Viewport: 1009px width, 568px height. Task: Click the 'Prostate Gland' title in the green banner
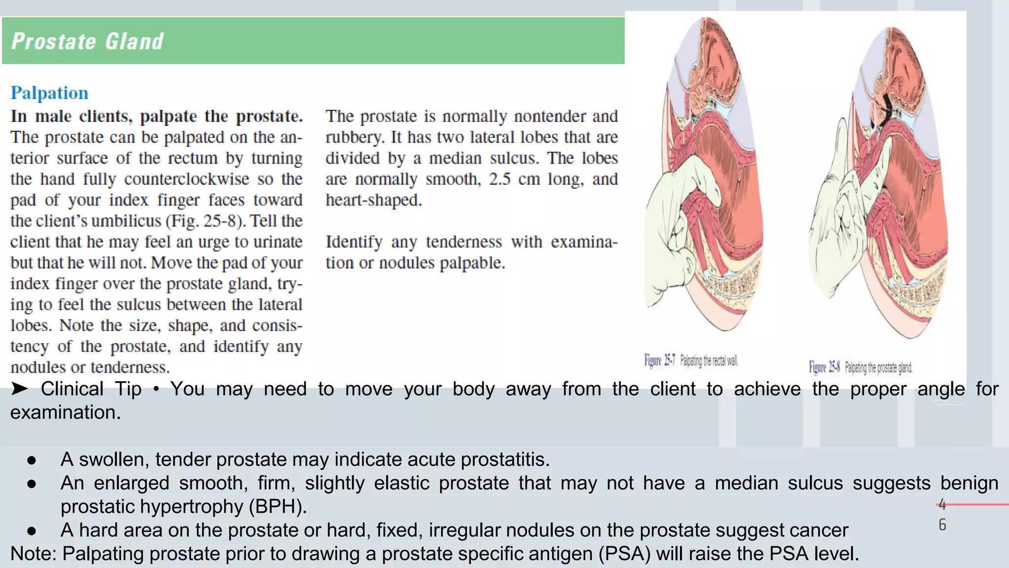pyautogui.click(x=87, y=41)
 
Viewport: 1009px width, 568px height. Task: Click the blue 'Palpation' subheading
pyautogui.click(x=49, y=93)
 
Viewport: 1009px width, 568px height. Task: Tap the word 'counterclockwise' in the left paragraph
pyautogui.click(x=186, y=179)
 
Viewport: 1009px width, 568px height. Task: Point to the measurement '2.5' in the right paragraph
pyautogui.click(x=500, y=179)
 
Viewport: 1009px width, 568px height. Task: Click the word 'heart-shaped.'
pyautogui.click(x=373, y=200)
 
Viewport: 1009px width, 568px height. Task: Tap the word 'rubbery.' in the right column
pyautogui.click(x=355, y=137)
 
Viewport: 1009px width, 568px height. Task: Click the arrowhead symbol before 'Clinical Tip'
pyautogui.click(x=20, y=389)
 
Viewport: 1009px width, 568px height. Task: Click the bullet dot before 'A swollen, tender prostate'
pyautogui.click(x=32, y=460)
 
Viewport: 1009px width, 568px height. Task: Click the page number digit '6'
pyautogui.click(x=942, y=525)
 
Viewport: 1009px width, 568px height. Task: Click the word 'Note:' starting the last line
pyautogui.click(x=34, y=554)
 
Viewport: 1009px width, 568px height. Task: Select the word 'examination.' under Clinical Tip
pyautogui.click(x=66, y=412)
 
